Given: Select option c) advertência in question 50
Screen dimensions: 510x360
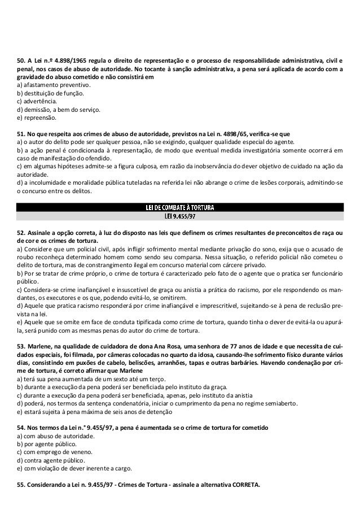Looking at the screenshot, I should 41,101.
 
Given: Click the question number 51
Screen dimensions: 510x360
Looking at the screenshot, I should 21,134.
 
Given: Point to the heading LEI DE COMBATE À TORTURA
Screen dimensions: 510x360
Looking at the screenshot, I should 179,207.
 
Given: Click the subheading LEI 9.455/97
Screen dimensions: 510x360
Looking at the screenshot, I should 179,215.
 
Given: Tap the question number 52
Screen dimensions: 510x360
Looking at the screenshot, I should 21,232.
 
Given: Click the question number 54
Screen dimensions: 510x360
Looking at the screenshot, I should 21,428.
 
